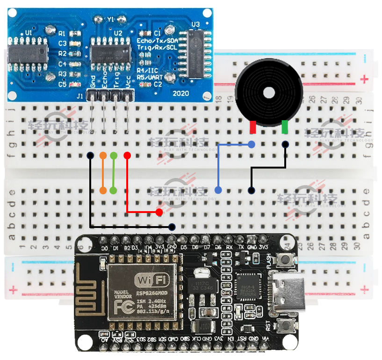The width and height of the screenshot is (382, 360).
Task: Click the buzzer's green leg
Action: pos(285,127)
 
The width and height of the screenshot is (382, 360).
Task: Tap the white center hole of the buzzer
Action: pos(270,93)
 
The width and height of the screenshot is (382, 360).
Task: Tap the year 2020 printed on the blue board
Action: pos(180,93)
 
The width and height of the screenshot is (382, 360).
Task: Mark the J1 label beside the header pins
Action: pos(80,96)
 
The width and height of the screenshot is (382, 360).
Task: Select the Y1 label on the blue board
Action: pos(110,20)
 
